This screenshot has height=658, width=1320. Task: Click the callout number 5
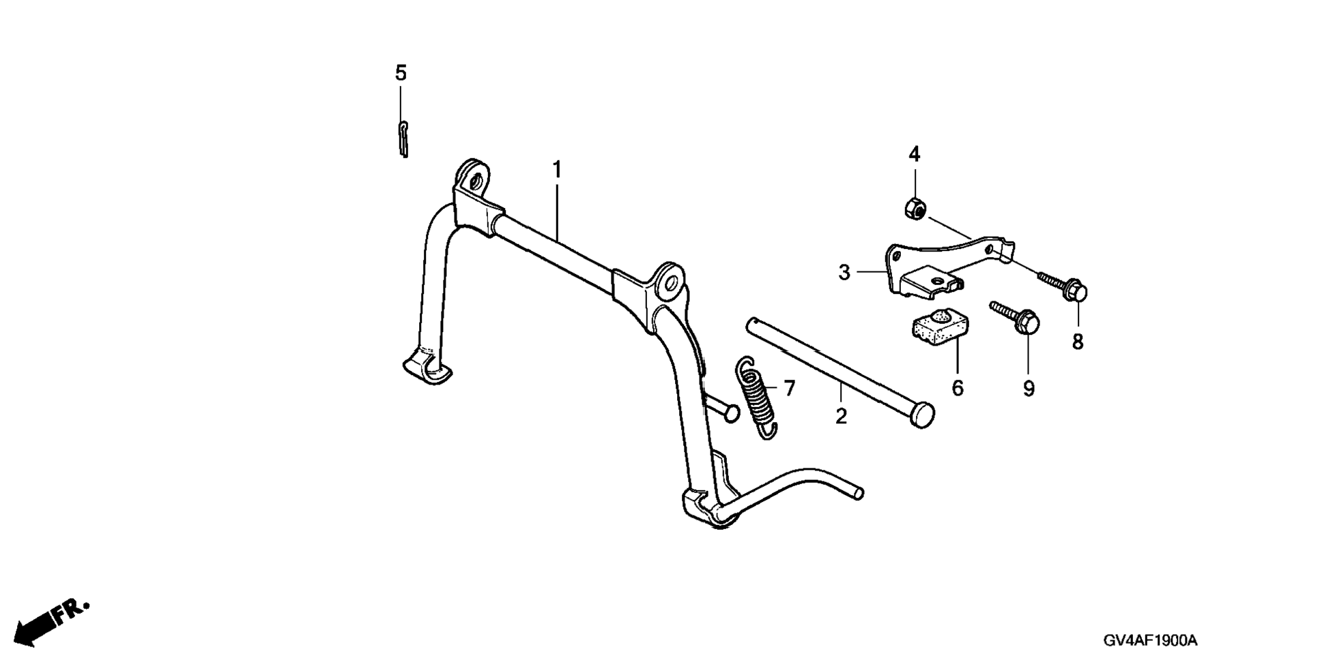click(401, 73)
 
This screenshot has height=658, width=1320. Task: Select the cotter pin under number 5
click(403, 138)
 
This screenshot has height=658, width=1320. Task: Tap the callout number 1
click(557, 169)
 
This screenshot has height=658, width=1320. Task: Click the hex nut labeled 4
click(914, 207)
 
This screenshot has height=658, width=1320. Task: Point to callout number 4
click(914, 155)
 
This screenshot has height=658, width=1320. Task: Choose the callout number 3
click(844, 273)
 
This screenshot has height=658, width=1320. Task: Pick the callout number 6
click(958, 388)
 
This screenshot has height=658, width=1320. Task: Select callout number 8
click(1078, 341)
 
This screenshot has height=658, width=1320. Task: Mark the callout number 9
click(1029, 389)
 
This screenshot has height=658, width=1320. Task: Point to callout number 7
click(790, 389)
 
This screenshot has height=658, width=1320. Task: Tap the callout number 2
click(841, 416)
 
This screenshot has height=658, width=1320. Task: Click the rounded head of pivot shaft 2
click(923, 414)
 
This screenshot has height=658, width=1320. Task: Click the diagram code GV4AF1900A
click(1150, 641)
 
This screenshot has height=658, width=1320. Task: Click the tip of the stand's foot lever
click(858, 493)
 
